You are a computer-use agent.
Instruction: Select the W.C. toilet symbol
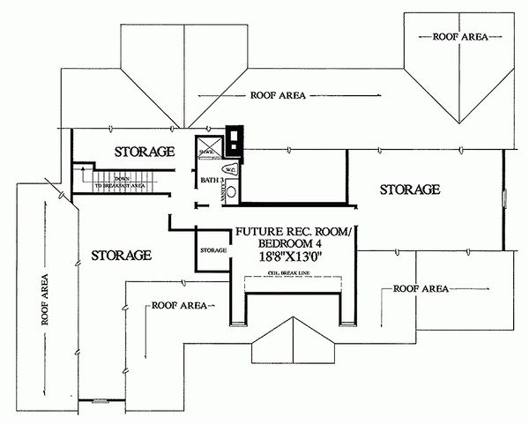(x=228, y=169)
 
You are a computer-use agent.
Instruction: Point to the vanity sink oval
(x=232, y=190)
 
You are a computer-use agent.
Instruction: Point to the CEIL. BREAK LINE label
(x=291, y=275)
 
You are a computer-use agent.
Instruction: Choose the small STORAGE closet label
(x=213, y=251)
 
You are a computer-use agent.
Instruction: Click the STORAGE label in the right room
(x=410, y=190)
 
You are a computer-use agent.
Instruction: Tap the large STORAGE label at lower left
(x=122, y=255)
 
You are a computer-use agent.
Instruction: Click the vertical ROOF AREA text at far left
(x=45, y=300)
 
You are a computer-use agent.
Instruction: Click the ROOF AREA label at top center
(x=279, y=94)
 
